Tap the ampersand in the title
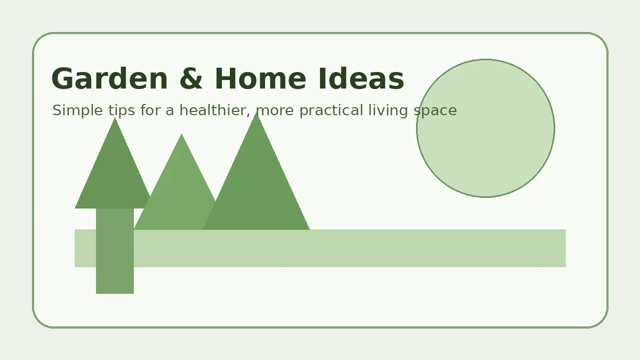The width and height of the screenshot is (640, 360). tap(191, 79)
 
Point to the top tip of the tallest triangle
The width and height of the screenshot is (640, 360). tap(257, 114)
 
